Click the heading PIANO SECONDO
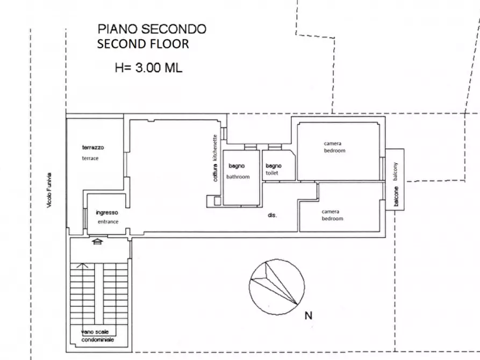[151, 28]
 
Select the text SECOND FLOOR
[143, 44]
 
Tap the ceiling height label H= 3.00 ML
[148, 68]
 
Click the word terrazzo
[93, 147]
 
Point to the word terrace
[90, 158]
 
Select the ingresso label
[106, 212]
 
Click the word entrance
[108, 221]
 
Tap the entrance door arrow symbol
[97, 242]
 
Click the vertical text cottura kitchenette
[215, 158]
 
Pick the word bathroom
[238, 176]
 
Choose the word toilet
[272, 174]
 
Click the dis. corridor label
[272, 215]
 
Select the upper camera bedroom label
[334, 147]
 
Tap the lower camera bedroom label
[332, 215]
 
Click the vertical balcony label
[396, 183]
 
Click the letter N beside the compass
[308, 316]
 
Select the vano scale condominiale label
[97, 336]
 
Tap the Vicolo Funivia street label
[49, 190]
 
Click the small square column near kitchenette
[217, 201]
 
